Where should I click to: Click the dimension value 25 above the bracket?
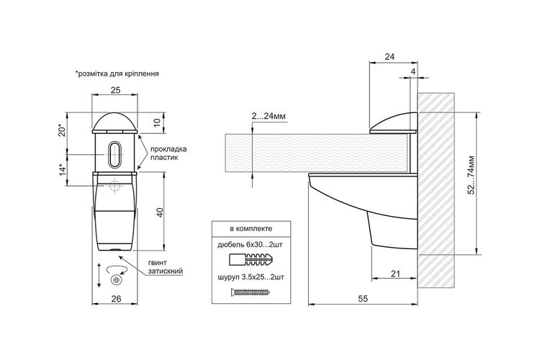(115, 90)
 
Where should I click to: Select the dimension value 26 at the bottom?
(117, 298)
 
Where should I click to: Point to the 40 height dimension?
(160, 212)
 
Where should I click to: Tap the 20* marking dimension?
(62, 130)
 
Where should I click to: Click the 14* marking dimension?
(63, 170)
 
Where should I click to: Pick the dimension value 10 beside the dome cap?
(158, 122)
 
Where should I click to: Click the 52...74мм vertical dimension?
(472, 175)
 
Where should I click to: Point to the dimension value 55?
(363, 298)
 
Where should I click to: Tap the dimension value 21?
(396, 274)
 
